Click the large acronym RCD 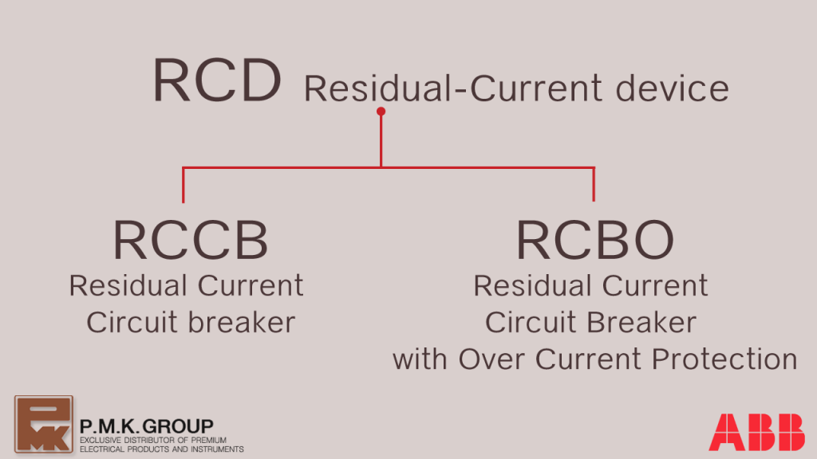(x=217, y=80)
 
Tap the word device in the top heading (x=672, y=88)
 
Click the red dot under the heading (x=381, y=112)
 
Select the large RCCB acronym (x=191, y=240)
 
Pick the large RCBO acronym (x=595, y=240)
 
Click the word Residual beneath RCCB (x=128, y=286)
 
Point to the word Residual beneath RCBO (x=532, y=286)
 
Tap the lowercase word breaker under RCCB (x=242, y=322)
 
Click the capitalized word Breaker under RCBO (x=644, y=322)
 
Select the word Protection (x=724, y=359)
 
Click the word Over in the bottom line (x=491, y=359)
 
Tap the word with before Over (x=420, y=359)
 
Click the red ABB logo (x=756, y=432)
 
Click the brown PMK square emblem (x=44, y=424)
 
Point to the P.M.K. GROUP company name (x=147, y=426)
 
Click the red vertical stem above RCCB (x=183, y=185)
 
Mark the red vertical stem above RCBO (x=594, y=184)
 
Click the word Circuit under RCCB (x=132, y=322)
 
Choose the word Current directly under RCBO (x=655, y=286)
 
